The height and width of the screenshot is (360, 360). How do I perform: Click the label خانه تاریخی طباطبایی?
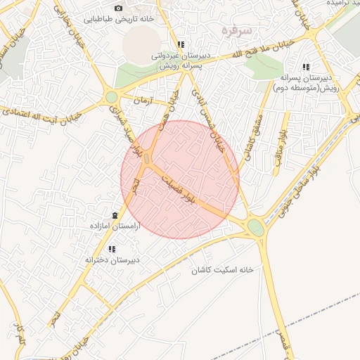[x=117, y=19]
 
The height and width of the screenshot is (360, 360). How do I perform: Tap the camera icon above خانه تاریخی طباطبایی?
[x=118, y=8]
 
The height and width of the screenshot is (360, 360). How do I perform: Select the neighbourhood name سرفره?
[x=236, y=30]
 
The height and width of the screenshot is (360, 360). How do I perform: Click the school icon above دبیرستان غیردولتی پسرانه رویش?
[x=181, y=44]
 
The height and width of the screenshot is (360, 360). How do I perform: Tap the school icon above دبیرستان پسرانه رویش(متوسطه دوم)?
[x=305, y=67]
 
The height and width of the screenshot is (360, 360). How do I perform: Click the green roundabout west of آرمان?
[x=111, y=97]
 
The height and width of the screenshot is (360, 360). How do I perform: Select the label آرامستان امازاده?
[x=115, y=226]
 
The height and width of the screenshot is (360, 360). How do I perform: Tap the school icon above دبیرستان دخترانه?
[x=112, y=248]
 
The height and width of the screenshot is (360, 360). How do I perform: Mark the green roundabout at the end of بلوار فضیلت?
[x=256, y=228]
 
